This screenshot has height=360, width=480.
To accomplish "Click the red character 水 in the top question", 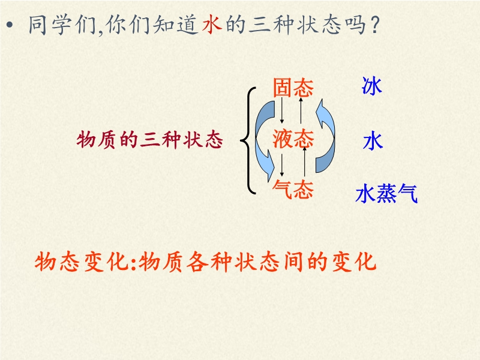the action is click(212, 24).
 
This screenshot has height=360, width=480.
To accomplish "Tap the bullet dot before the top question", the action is click(10, 25).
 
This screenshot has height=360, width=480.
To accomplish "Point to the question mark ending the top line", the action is click(374, 25).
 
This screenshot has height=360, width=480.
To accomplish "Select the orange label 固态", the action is click(293, 88).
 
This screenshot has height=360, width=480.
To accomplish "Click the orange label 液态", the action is click(293, 139).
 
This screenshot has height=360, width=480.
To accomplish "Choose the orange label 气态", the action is click(293, 189).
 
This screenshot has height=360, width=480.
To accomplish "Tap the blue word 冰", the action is click(371, 86).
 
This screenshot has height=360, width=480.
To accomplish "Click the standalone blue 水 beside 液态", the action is click(373, 141).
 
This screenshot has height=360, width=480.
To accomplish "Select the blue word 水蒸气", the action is click(386, 193).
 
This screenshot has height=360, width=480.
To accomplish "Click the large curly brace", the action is click(248, 140).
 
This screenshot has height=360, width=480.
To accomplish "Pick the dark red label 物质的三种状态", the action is click(149, 140).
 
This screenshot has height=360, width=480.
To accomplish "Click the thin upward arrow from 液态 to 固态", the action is click(301, 110).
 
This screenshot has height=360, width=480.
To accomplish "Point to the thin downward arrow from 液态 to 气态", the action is click(282, 166).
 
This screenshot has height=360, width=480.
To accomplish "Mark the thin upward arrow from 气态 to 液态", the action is click(305, 162).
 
